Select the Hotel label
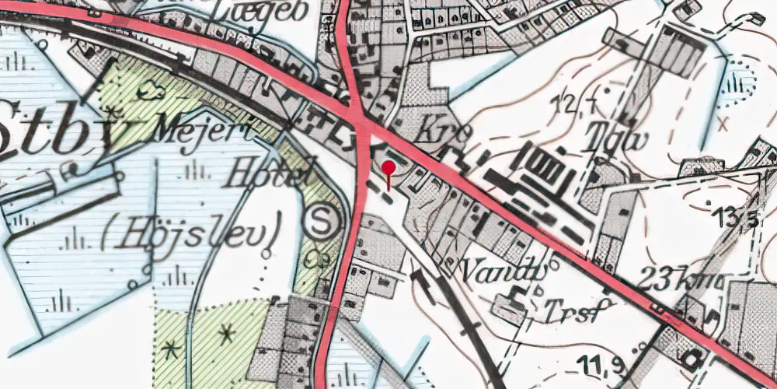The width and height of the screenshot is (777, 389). pyautogui.click(x=262, y=172)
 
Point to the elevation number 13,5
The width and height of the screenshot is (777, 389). pyautogui.click(x=737, y=219)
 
